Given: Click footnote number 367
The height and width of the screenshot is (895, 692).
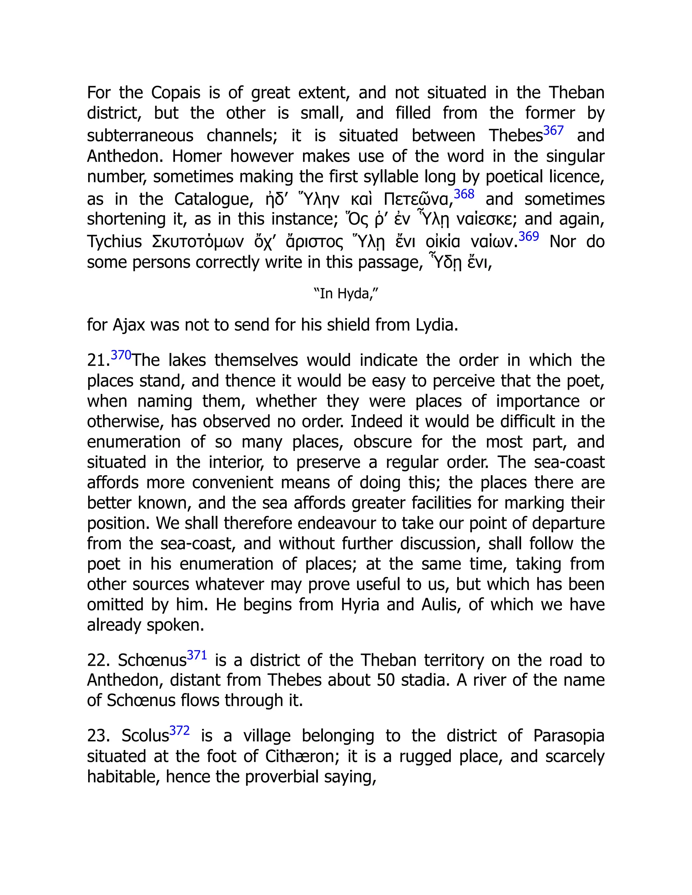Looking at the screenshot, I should (x=553, y=131).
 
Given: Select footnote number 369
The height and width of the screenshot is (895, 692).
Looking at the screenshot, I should (x=528, y=236).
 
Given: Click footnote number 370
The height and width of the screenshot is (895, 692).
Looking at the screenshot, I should (x=121, y=355).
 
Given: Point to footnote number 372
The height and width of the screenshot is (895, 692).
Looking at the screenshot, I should (x=179, y=730).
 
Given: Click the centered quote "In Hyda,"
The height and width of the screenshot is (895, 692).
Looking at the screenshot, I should (x=346, y=294).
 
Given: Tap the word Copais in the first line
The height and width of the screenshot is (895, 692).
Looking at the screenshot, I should (x=175, y=93).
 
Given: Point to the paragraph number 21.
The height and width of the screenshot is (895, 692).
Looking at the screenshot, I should (x=98, y=361).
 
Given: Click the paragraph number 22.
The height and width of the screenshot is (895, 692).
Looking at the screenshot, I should (x=98, y=660).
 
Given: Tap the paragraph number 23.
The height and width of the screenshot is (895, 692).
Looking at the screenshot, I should (x=98, y=736).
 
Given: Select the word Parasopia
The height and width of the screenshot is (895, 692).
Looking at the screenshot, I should (x=569, y=736).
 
